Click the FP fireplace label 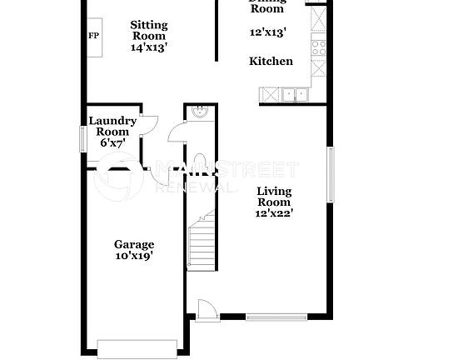[x=93, y=36]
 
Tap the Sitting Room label [x=149, y=31]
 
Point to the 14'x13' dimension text [x=149, y=47]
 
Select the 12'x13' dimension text [x=268, y=33]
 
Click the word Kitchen [x=271, y=61]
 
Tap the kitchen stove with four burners [x=319, y=47]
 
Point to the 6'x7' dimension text [x=112, y=142]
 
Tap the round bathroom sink [x=200, y=112]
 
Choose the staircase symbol [x=201, y=242]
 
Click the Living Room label [x=273, y=197]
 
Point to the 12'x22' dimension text [x=273, y=213]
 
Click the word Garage [x=134, y=244]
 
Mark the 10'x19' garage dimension [x=134, y=257]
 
